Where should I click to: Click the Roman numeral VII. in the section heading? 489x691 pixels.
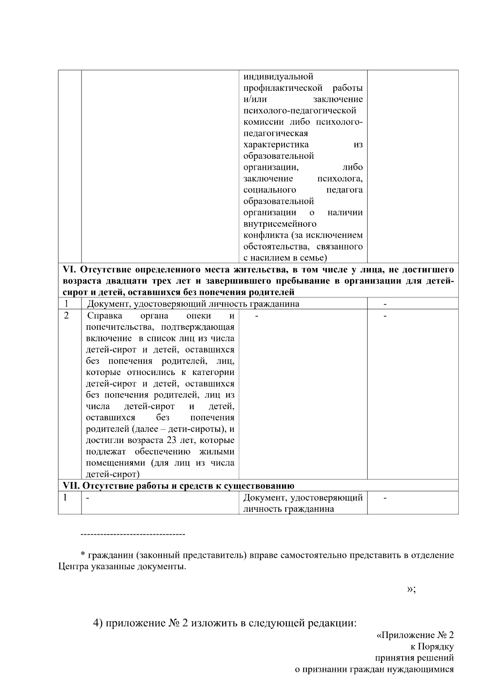pyautogui.click(x=72, y=486)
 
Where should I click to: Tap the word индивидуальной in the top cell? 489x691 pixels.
pyautogui.click(x=278, y=77)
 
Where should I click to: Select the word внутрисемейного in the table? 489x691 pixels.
pyautogui.click(x=280, y=224)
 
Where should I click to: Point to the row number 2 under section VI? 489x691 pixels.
pyautogui.click(x=66, y=316)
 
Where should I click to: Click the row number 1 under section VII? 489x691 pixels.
pyautogui.click(x=65, y=498)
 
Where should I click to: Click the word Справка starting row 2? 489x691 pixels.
pyautogui.click(x=105, y=316)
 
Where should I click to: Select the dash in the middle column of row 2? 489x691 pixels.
pyautogui.click(x=257, y=316)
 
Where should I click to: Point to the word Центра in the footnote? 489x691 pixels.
pyautogui.click(x=73, y=567)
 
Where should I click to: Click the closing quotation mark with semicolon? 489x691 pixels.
pyautogui.click(x=411, y=589)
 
